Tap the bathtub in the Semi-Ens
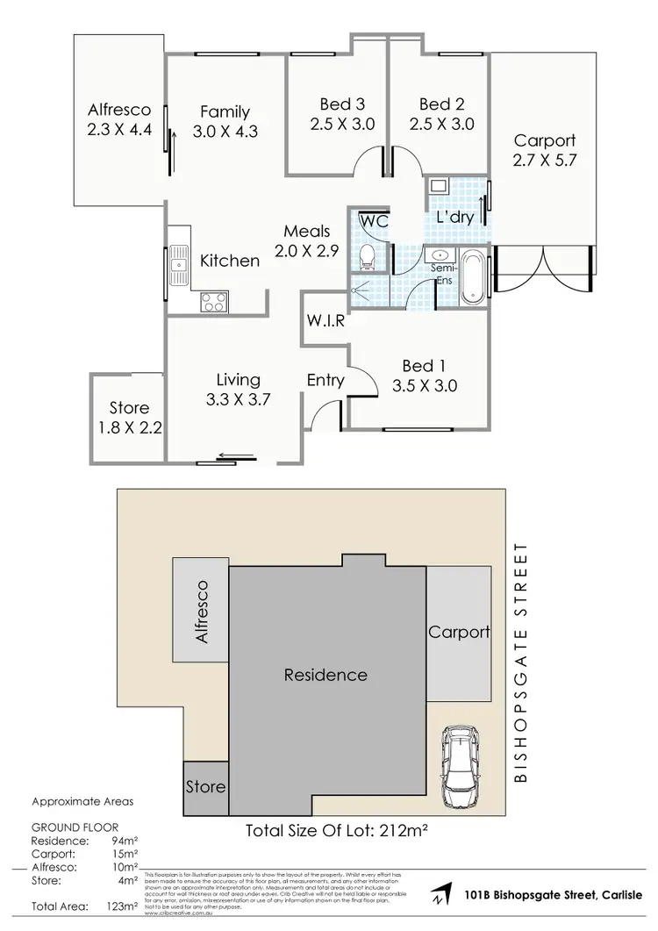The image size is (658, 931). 472,276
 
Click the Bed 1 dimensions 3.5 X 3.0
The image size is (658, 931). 425,385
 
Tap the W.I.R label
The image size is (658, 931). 325,321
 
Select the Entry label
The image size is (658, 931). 325,380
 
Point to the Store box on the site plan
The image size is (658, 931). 205,786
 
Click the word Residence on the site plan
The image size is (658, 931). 325,675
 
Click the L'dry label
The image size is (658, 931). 455,217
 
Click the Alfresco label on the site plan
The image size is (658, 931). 201,612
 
